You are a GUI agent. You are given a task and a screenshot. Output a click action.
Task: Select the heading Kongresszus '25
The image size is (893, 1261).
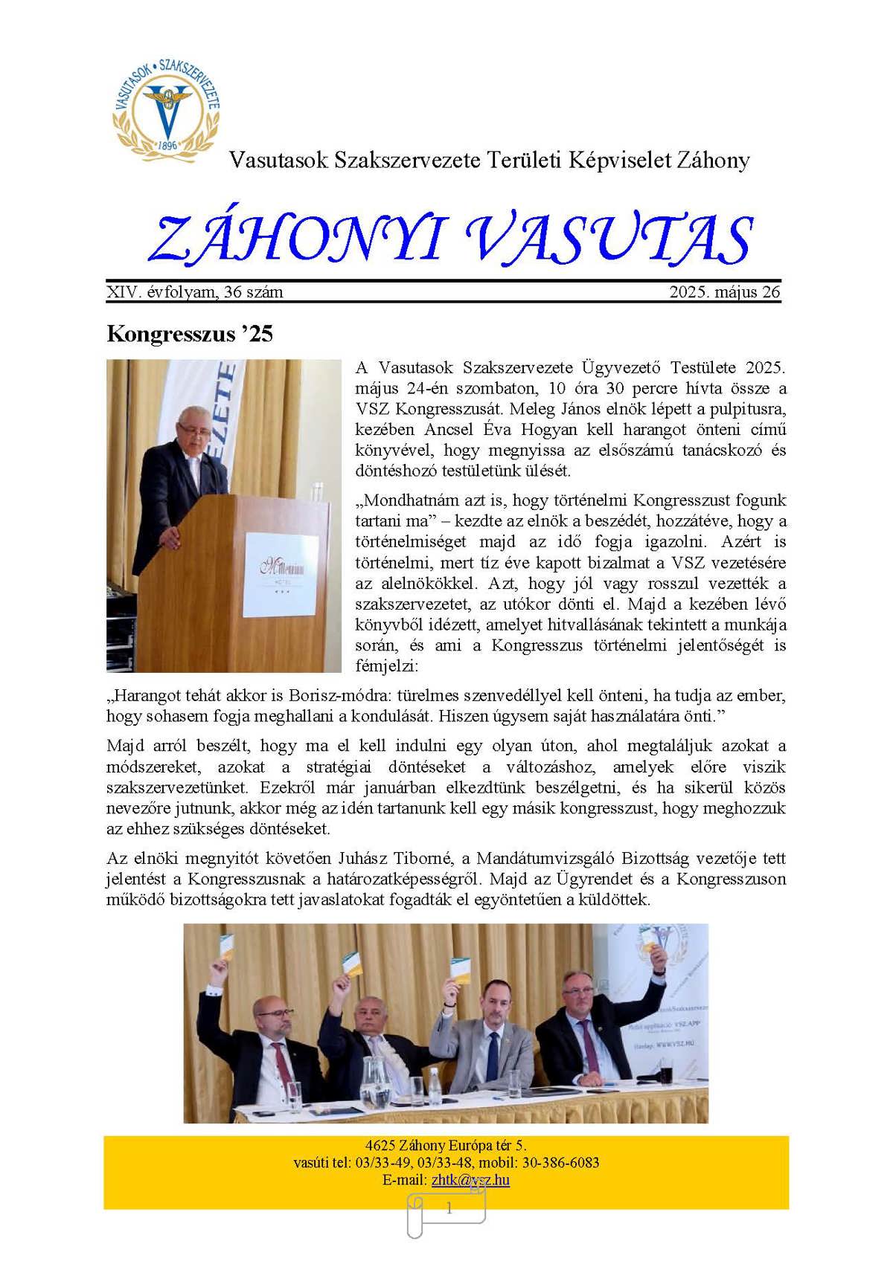coord(190,334)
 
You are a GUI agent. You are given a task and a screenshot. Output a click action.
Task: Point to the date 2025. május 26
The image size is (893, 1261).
coord(724,292)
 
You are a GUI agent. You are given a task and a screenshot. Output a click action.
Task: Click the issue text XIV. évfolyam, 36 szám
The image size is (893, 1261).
coord(195,292)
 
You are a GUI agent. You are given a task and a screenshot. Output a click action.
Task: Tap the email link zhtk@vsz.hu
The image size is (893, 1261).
coord(470,1180)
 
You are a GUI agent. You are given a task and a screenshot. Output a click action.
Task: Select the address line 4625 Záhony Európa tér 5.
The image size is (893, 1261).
coord(446,1146)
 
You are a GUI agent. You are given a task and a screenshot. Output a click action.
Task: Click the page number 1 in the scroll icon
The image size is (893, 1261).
coord(449,1209)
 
